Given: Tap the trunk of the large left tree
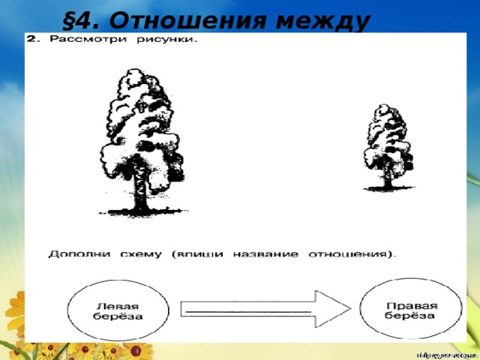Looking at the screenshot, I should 140,195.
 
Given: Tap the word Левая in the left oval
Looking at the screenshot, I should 119,305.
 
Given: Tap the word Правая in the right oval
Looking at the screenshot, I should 411,304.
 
